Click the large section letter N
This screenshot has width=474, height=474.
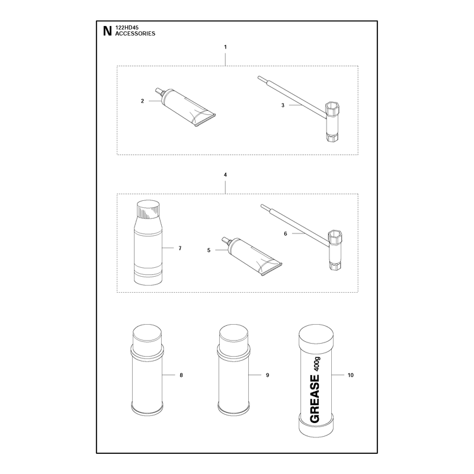[107, 31]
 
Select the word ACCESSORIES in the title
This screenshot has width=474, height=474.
[135, 34]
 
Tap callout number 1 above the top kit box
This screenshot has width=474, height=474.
[225, 47]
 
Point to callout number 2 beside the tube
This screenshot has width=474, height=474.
[142, 101]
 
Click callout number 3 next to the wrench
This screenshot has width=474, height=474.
[283, 105]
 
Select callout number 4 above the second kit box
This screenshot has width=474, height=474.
[225, 175]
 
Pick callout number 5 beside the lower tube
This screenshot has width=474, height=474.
[209, 250]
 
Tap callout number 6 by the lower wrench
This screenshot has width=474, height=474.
[286, 233]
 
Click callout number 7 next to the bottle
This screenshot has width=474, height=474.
[180, 248]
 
